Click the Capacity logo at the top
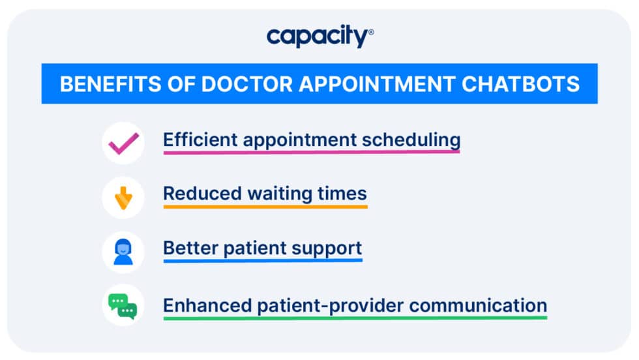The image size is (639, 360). [318, 37]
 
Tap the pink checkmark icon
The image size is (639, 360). [123, 142]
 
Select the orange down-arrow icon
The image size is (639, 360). [123, 197]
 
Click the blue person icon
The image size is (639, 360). [123, 252]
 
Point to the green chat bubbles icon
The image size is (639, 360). [123, 307]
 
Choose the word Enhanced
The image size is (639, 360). [199, 305]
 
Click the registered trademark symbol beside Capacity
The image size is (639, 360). [371, 31]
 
